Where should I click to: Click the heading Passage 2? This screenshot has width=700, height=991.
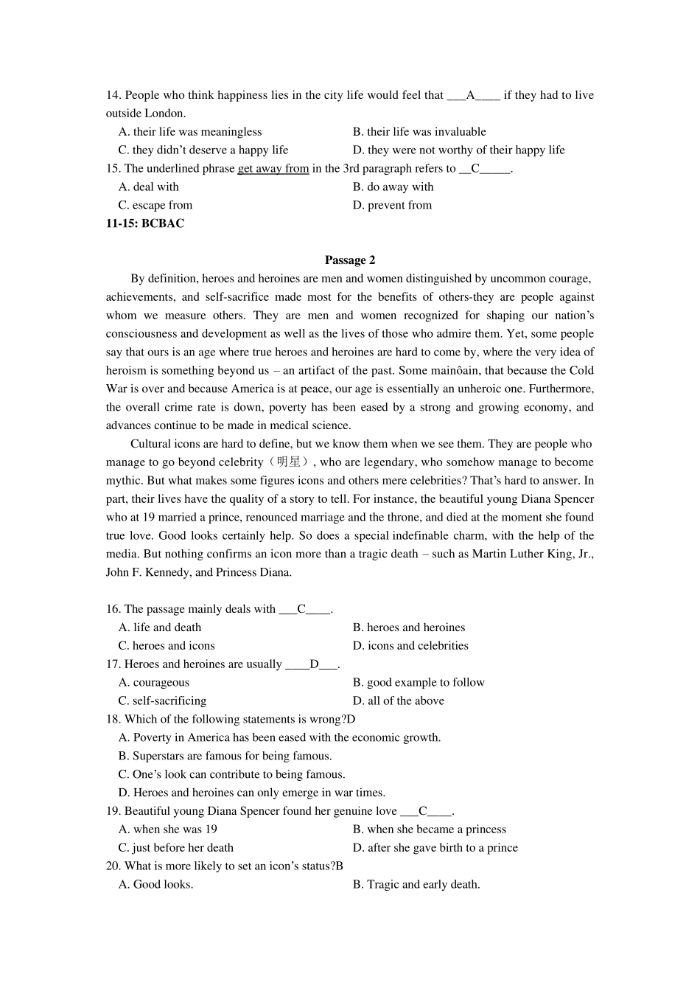(349, 260)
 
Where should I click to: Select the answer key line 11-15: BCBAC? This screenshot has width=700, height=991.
(145, 223)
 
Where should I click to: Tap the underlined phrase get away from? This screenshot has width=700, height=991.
(273, 169)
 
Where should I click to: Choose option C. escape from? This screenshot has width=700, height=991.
(155, 205)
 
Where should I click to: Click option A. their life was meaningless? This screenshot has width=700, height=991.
(190, 132)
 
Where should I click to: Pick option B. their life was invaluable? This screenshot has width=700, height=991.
(419, 132)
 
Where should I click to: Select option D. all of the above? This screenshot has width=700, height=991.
(398, 701)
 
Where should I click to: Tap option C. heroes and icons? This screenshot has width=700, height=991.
(167, 646)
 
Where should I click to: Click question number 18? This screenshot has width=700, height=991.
(113, 720)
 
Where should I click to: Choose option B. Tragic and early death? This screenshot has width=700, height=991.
(416, 885)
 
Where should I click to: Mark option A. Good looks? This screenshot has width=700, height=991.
(156, 885)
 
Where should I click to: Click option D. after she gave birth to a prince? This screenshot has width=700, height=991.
(435, 848)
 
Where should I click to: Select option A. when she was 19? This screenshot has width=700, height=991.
(168, 830)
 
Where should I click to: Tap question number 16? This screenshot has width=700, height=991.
(113, 609)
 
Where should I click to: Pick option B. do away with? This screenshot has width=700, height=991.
(393, 187)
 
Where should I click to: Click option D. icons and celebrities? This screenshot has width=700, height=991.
(410, 646)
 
